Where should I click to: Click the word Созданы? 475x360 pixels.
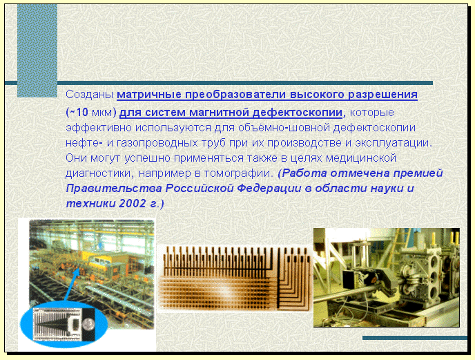[89, 95]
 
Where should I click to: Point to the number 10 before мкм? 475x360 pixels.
[81, 112]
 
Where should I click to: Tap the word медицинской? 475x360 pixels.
[361, 158]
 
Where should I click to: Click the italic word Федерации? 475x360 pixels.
[269, 189]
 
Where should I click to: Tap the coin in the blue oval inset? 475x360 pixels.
[88, 324]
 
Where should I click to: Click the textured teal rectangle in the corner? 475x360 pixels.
[37, 50]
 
